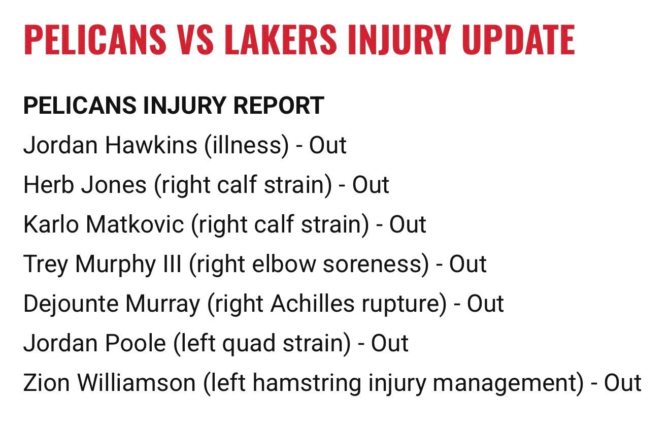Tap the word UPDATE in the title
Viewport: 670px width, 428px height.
(x=518, y=40)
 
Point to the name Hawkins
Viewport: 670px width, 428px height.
(x=151, y=145)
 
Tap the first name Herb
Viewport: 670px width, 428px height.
(x=49, y=185)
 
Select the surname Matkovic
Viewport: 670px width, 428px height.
(x=135, y=224)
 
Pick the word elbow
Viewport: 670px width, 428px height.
(x=284, y=264)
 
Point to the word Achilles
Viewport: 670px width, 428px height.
(x=312, y=304)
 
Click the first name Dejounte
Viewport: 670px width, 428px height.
(x=71, y=304)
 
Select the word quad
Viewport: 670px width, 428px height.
(x=249, y=344)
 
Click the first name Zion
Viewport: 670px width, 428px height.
(x=47, y=383)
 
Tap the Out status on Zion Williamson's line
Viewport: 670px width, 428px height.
(x=622, y=383)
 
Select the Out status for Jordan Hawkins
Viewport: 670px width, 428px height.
(x=327, y=145)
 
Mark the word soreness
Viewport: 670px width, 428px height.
(x=376, y=264)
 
